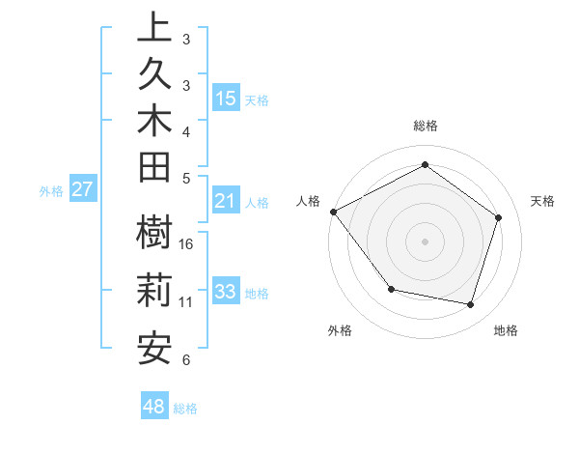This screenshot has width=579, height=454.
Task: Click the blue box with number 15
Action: pos(226,99)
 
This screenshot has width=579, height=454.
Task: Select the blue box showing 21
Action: pos(226,202)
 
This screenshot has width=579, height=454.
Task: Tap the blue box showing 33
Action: pos(226,292)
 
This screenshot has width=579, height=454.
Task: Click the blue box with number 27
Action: pos(83,189)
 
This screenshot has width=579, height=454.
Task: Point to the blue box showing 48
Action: pos(154,407)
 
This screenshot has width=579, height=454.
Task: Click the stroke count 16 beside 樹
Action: pos(187,244)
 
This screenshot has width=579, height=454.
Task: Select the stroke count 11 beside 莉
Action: pos(186,302)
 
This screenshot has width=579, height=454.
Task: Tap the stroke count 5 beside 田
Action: pos(186,178)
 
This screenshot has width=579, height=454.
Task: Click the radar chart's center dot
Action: pos(425,241)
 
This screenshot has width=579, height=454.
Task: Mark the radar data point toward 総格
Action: pos(425,164)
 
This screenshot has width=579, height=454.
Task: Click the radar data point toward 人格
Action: pos(333,212)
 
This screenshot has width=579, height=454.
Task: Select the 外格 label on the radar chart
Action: pos(340,330)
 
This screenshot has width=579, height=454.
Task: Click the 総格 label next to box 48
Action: pos(186,409)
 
